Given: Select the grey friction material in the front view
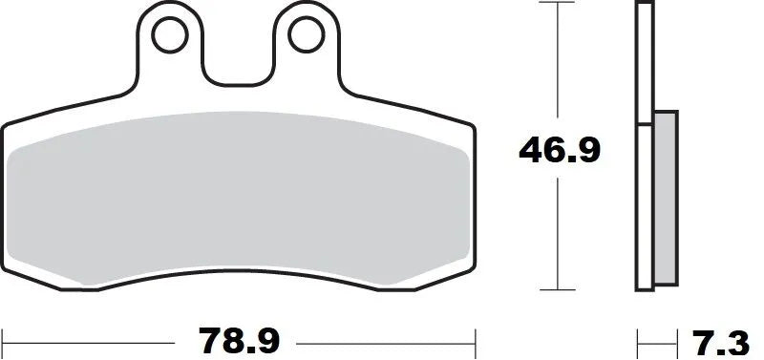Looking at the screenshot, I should [238, 201].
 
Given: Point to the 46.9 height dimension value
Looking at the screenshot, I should [559, 150].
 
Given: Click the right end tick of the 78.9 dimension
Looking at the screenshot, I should [475, 339].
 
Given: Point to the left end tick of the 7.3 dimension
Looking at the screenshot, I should [638, 339].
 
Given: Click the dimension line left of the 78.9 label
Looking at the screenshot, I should [95, 339].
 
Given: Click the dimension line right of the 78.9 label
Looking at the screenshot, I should [382, 339].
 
